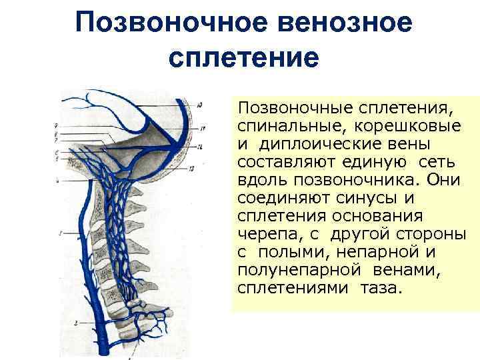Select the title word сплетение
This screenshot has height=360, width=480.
245,57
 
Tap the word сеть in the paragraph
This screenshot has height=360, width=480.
437,162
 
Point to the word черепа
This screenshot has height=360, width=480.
263,235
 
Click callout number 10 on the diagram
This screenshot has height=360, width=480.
201,103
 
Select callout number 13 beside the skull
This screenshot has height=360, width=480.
201,168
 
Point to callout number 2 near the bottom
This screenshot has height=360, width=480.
77,323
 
